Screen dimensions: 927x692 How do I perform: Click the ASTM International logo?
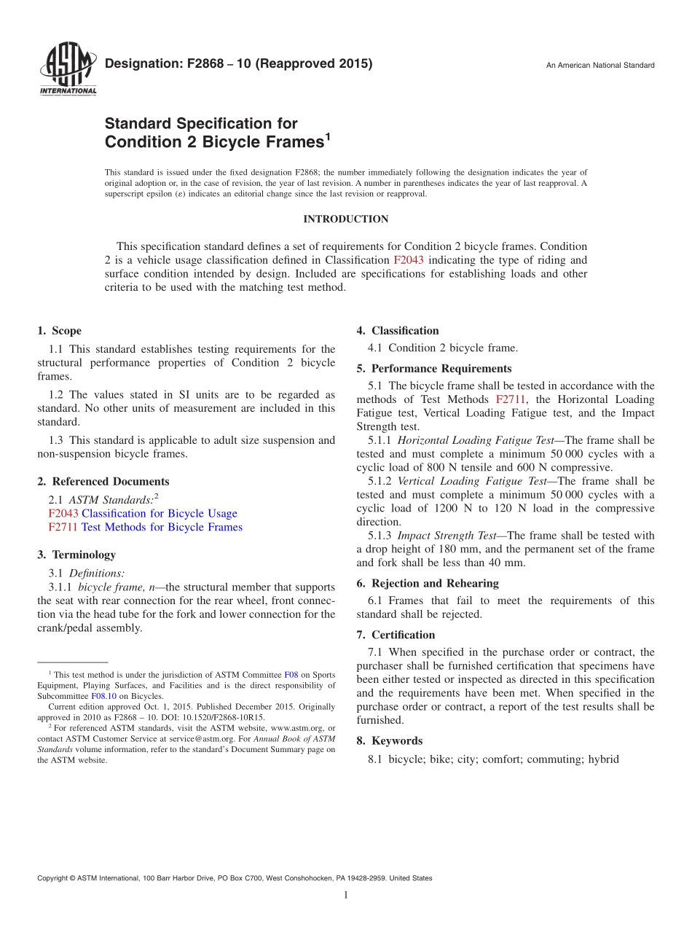(x=67, y=69)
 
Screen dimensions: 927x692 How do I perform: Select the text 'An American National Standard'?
(x=600, y=66)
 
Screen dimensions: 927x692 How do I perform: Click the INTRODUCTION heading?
(x=345, y=219)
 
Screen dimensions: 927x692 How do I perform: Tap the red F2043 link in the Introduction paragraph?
(x=408, y=260)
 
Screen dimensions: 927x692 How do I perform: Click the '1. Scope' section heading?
(x=59, y=331)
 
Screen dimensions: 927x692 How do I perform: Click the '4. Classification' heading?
(x=398, y=331)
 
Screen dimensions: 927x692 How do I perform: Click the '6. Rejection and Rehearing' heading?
(x=428, y=584)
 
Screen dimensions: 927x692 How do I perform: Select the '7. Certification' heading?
(x=396, y=635)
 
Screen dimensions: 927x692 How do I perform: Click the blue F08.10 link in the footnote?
(x=103, y=696)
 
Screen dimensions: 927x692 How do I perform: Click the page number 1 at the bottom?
(x=345, y=896)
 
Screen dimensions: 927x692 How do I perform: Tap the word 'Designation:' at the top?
(x=137, y=63)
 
